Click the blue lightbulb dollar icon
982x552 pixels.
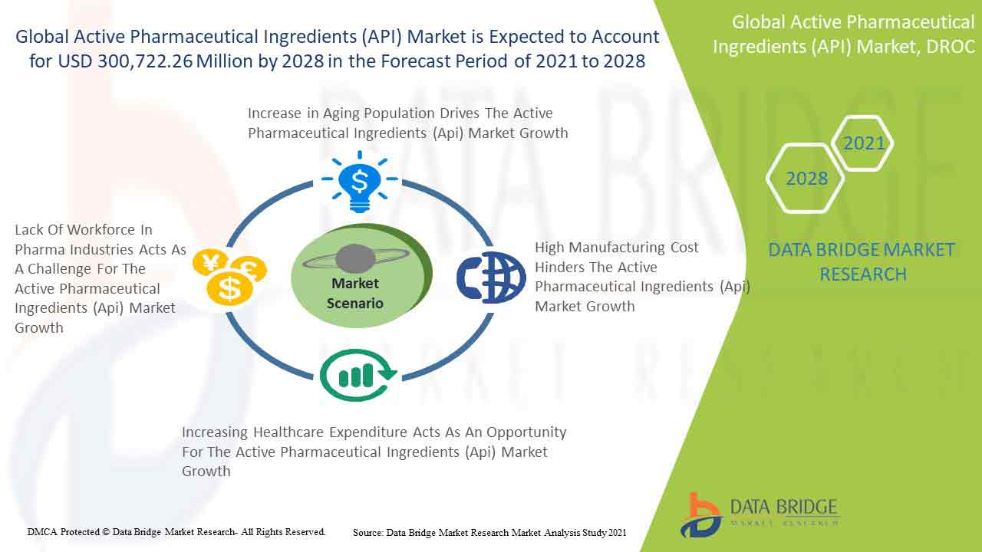(360, 182)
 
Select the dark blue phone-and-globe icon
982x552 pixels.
(491, 278)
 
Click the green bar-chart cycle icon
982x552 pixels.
(358, 375)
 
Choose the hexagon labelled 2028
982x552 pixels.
(806, 179)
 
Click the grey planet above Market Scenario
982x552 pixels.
(355, 258)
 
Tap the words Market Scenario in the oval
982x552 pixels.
(355, 293)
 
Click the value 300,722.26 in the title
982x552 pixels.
(145, 61)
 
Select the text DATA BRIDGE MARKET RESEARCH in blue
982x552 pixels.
(862, 262)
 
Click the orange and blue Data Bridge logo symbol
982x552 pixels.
(701, 515)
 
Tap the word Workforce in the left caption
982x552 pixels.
(102, 229)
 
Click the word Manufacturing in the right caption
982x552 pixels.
(616, 248)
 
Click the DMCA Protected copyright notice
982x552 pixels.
(176, 532)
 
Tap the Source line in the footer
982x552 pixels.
(489, 533)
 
